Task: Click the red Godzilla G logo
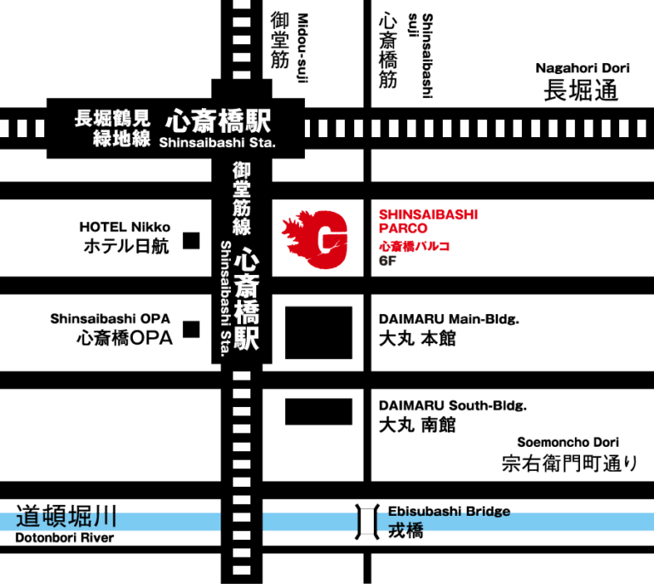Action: click(x=315, y=239)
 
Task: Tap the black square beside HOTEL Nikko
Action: click(x=192, y=241)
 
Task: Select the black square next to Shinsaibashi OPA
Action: click(x=192, y=329)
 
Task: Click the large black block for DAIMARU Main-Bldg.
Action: click(x=318, y=333)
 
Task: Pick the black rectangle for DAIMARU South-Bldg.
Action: click(x=318, y=411)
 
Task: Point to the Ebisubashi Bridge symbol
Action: click(x=367, y=522)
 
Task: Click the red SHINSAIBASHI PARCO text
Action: click(x=428, y=221)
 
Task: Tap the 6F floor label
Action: click(x=387, y=261)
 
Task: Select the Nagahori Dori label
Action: click(x=582, y=68)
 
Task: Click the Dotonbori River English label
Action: click(x=65, y=538)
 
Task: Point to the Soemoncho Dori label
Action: click(x=568, y=442)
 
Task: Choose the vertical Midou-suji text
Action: click(x=302, y=48)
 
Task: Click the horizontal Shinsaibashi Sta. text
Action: click(x=217, y=142)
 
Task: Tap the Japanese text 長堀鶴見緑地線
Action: click(x=112, y=128)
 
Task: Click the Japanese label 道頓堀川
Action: click(x=66, y=516)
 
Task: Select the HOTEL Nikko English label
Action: click(x=124, y=227)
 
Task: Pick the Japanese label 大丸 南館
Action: click(x=417, y=425)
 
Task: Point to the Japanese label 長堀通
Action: click(x=581, y=90)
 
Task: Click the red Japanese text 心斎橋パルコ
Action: click(x=414, y=246)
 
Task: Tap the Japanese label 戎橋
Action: click(x=405, y=530)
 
